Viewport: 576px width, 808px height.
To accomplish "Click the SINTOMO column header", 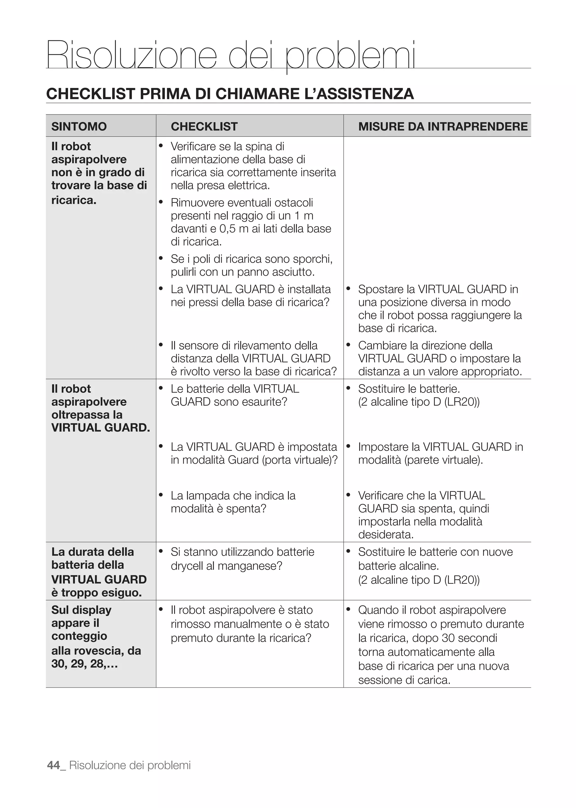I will click(79, 127).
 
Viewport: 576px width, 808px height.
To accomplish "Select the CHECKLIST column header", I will click(204, 127).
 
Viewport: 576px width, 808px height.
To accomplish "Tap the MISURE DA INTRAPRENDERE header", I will click(443, 127).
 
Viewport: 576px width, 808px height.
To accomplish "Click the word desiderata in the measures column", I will click(385, 535).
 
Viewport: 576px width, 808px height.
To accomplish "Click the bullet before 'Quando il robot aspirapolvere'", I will click(348, 609).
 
